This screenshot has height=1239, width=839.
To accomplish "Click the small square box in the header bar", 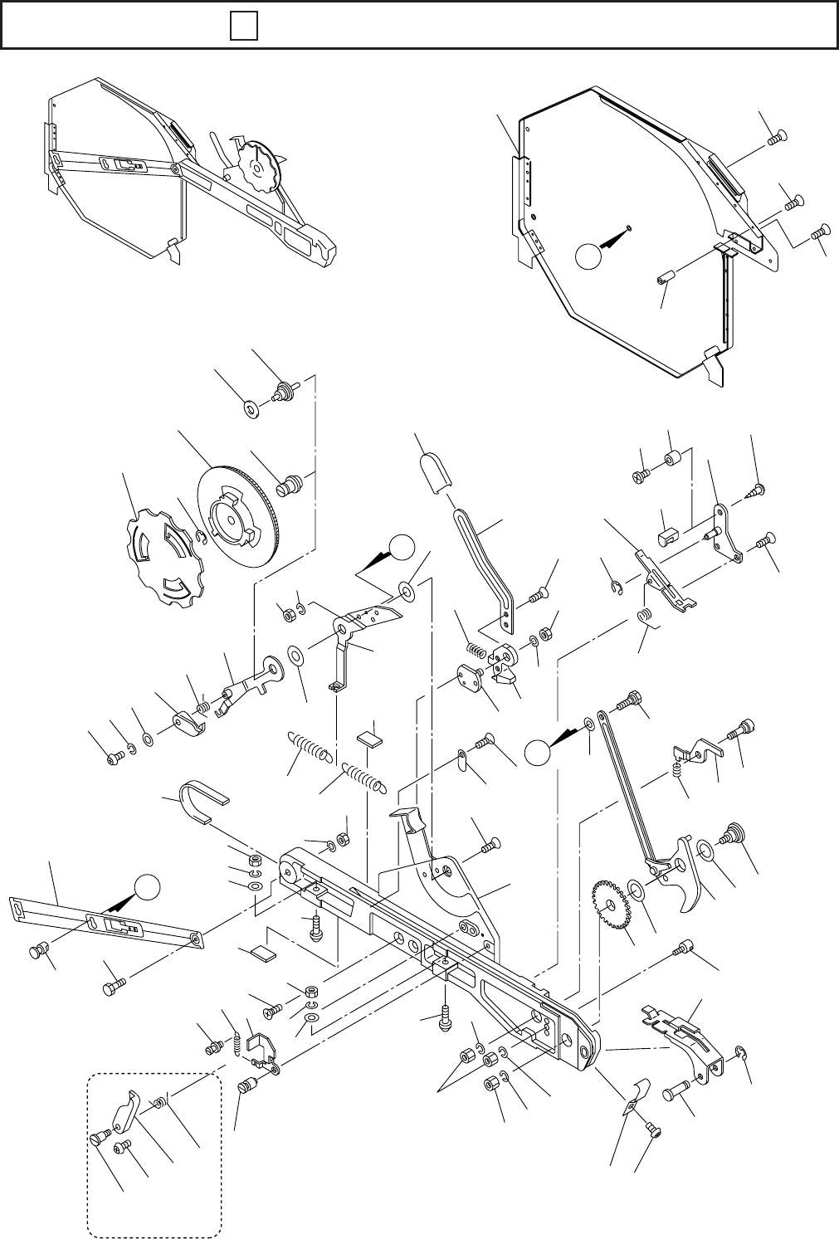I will point(243,28).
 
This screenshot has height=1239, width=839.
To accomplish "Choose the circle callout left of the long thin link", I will point(537,752).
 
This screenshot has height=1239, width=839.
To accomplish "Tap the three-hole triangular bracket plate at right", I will point(727,530).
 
